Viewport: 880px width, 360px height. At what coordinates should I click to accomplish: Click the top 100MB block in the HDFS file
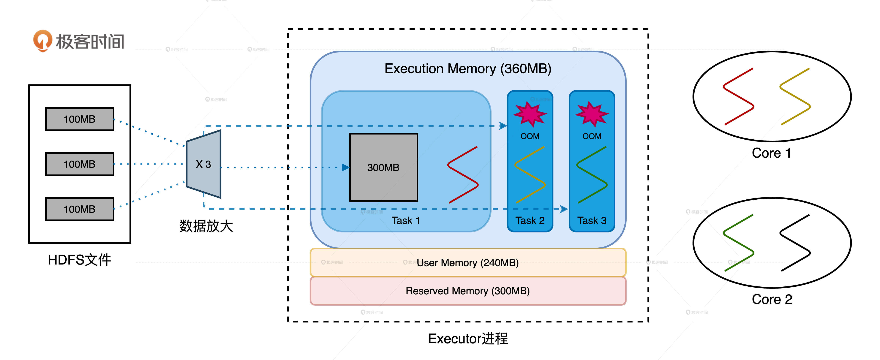[80, 119]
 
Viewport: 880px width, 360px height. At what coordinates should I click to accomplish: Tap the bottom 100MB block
[80, 209]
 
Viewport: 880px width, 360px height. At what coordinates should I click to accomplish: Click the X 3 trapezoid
[204, 164]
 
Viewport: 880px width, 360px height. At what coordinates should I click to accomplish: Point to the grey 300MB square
[383, 167]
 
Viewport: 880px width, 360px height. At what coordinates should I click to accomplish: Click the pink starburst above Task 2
[530, 114]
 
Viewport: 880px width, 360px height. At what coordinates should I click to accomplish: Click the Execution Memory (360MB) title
[468, 69]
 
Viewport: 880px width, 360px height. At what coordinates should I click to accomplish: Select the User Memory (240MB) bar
[468, 263]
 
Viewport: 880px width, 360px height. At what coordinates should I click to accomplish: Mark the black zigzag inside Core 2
[795, 243]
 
